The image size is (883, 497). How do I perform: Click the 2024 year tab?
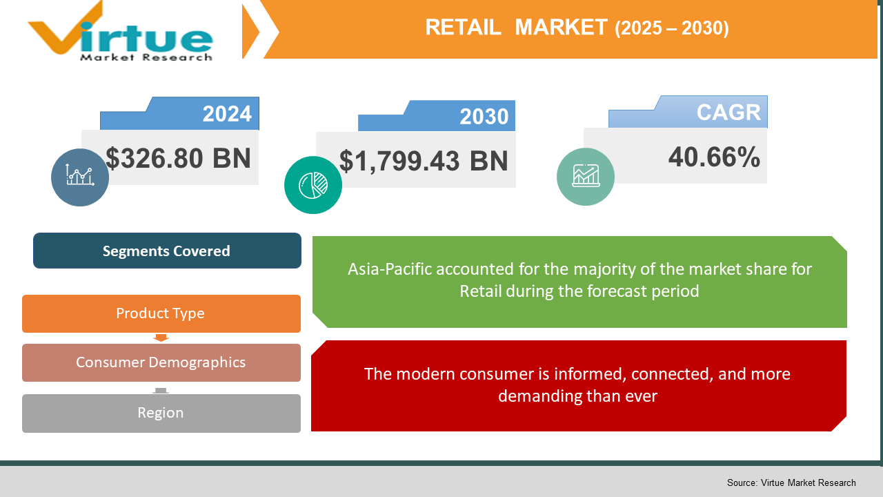coord(227,113)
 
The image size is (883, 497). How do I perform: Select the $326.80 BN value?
coord(178,158)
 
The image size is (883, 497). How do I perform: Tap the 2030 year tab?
coord(484,117)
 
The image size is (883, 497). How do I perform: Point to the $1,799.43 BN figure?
coord(424,161)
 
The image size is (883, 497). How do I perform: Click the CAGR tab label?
coord(728,112)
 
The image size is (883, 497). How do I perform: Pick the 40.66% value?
coord(714,157)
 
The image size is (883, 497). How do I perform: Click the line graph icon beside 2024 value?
coord(80,177)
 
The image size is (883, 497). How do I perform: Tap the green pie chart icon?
coord(313,184)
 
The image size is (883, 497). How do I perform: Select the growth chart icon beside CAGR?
coord(586,176)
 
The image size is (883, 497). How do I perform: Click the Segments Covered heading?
coord(167,251)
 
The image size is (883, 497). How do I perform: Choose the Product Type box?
coord(161,313)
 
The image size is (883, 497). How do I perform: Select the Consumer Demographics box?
coord(161,362)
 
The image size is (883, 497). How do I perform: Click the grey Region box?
coord(161,413)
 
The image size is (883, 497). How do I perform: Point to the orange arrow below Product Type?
coord(161,338)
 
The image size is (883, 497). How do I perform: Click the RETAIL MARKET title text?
coord(516,27)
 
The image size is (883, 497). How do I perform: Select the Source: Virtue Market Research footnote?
coord(791,483)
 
